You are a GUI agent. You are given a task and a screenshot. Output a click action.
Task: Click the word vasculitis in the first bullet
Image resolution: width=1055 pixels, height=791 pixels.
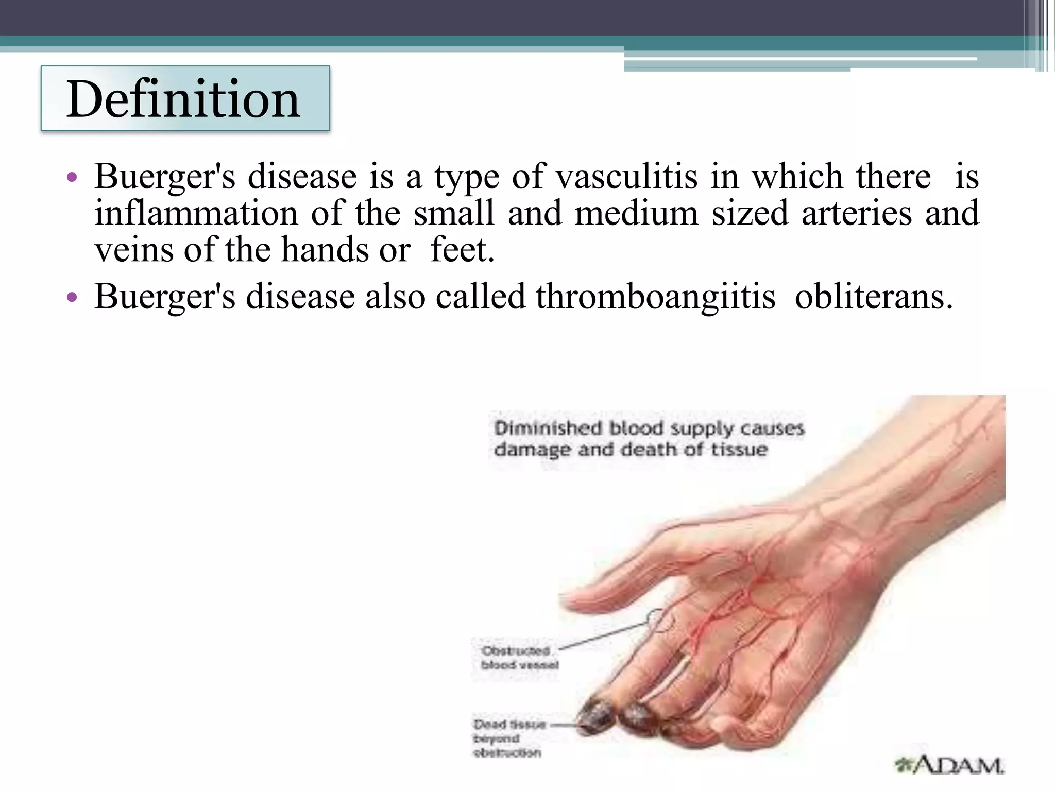pyautogui.click(x=626, y=177)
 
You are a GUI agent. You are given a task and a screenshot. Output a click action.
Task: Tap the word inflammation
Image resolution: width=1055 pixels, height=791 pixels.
pyautogui.click(x=196, y=213)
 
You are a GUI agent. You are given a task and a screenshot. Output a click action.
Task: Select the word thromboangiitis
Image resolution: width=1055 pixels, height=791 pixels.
pyautogui.click(x=655, y=297)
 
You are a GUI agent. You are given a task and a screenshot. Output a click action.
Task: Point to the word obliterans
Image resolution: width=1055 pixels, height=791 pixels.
pyautogui.click(x=874, y=297)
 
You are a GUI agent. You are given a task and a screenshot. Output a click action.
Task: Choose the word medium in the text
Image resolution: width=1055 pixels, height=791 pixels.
pyautogui.click(x=636, y=213)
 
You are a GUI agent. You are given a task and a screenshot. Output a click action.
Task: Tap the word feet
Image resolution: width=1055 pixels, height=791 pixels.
pyautogui.click(x=462, y=250)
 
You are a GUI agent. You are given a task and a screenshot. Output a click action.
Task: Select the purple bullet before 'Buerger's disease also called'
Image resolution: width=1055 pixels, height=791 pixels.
pyautogui.click(x=72, y=298)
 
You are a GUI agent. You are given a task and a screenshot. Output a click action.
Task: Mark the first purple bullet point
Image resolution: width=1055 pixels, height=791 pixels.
pyautogui.click(x=72, y=178)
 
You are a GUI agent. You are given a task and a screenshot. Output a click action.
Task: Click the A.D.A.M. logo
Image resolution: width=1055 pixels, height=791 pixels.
pyautogui.click(x=950, y=765)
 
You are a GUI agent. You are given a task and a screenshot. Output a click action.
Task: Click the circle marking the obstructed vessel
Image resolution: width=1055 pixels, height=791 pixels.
pyautogui.click(x=661, y=621)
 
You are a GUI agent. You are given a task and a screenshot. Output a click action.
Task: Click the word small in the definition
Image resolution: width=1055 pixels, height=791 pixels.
pyautogui.click(x=454, y=213)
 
